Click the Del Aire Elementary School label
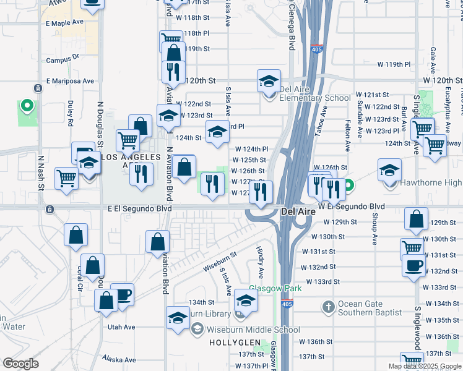(x=315, y=98)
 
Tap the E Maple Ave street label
(x=64, y=22)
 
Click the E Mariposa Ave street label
(x=71, y=81)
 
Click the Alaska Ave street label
(x=119, y=359)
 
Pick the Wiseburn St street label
(x=219, y=261)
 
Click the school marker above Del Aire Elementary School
(x=269, y=82)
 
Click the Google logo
(x=21, y=364)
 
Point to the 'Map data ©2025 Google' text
(x=425, y=366)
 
